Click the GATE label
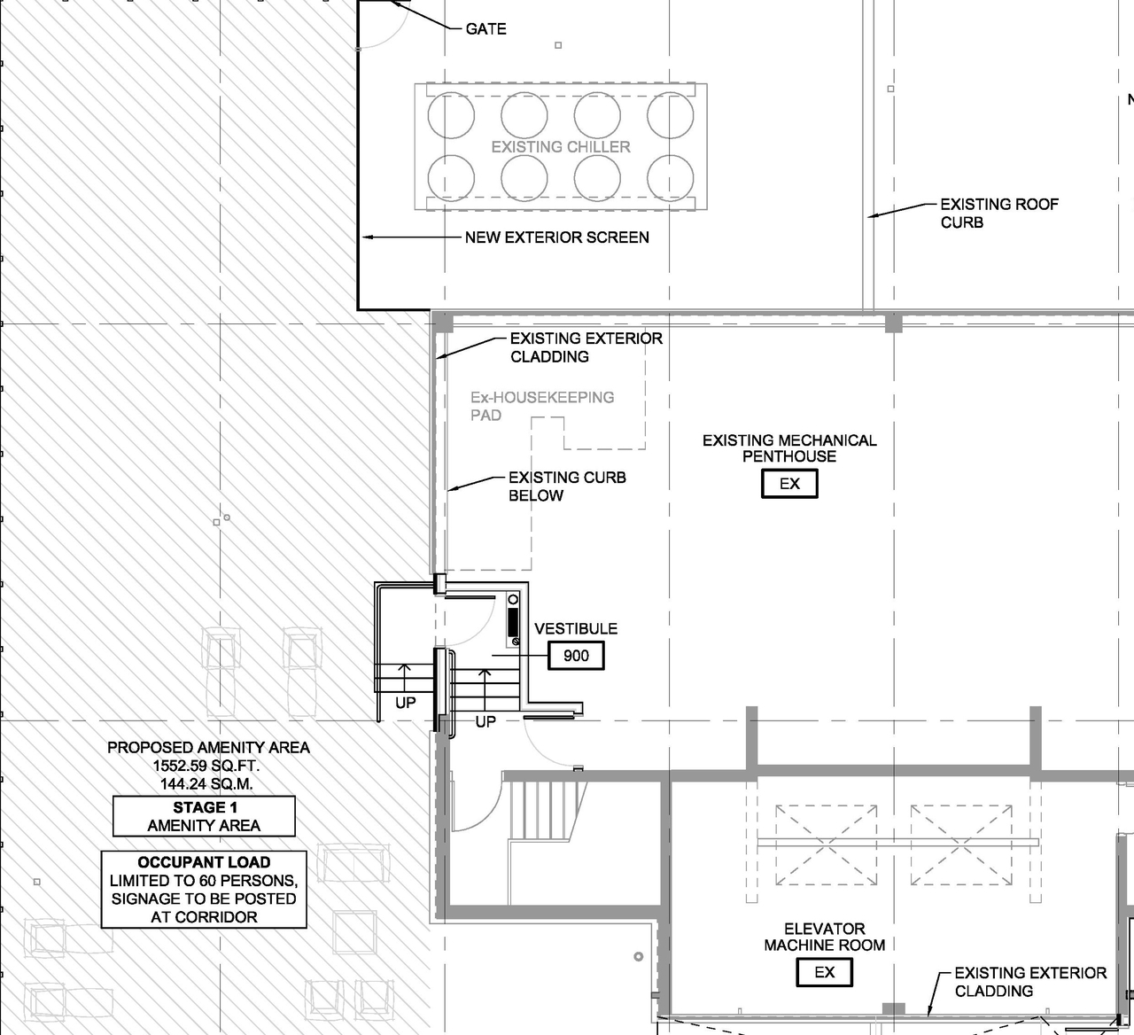tap(485, 29)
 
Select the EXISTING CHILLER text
tap(561, 147)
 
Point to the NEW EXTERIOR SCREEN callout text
tap(556, 237)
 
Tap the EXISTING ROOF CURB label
tap(998, 214)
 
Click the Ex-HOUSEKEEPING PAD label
tap(541, 406)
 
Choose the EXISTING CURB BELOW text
tap(566, 486)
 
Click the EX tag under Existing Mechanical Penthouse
tap(788, 484)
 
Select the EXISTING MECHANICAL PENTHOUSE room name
tap(789, 448)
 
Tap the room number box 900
tap(576, 656)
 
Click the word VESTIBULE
tap(576, 628)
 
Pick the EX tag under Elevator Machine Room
tap(824, 972)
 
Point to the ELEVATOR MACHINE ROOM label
tap(824, 937)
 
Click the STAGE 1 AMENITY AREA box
tap(204, 816)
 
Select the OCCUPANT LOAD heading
tap(204, 862)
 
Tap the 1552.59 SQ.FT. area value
tap(206, 766)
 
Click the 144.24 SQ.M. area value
tap(206, 784)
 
